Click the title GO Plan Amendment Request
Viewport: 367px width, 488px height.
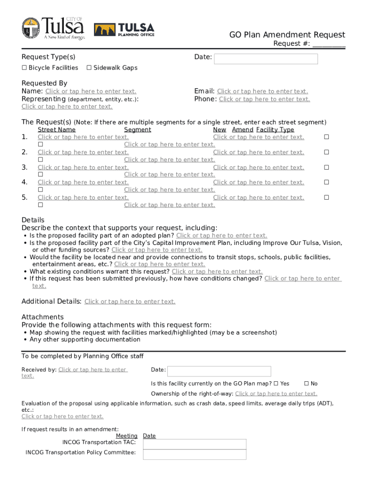287,35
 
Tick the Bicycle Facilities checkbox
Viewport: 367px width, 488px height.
24,68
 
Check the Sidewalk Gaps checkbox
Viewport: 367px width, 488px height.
89,68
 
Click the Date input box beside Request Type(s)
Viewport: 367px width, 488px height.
265,59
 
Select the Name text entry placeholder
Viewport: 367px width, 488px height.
91,91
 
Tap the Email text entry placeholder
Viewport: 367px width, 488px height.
262,91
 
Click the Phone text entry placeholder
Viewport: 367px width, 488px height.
264,99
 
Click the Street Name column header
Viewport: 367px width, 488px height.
56,130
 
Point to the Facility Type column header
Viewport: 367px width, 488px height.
275,130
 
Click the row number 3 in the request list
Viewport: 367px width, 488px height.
24,167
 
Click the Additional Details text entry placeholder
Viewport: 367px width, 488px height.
130,302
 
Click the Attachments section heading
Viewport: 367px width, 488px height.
42,317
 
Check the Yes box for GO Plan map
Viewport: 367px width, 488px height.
276,384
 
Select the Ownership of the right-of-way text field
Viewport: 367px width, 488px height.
276,394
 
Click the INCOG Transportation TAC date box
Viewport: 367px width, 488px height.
194,444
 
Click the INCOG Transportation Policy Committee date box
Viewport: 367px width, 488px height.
194,454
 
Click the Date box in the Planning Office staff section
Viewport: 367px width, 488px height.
219,371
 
